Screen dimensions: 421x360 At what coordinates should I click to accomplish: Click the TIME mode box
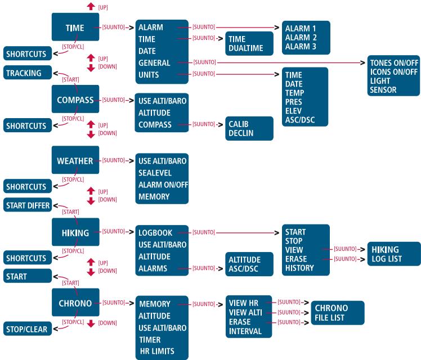[x=75, y=27]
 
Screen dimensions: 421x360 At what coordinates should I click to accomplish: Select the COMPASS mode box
[x=75, y=99]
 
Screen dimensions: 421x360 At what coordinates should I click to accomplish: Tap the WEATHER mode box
[x=75, y=160]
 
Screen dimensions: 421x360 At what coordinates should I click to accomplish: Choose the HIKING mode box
[x=75, y=232]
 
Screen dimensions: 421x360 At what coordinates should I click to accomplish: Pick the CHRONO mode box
[x=75, y=302]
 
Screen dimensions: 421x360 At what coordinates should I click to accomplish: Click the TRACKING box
[x=28, y=73]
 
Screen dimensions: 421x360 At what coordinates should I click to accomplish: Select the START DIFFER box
[x=28, y=205]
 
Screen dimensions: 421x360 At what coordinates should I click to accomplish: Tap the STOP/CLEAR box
[x=28, y=328]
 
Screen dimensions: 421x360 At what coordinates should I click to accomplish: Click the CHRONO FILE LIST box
[x=338, y=313]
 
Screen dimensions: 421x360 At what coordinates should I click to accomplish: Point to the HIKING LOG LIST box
[x=393, y=254]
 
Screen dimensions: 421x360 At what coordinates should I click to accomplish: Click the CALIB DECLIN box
[x=249, y=128]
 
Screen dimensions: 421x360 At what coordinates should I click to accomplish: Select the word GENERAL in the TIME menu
[x=154, y=63]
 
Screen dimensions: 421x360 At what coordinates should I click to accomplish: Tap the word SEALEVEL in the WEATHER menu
[x=155, y=173]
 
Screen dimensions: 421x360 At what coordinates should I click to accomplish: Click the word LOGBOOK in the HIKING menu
[x=155, y=232]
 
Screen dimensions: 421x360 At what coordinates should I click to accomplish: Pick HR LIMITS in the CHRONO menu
[x=157, y=351]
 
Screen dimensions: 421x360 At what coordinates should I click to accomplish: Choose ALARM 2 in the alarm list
[x=301, y=37]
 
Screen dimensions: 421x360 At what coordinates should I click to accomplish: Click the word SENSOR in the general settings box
[x=383, y=89]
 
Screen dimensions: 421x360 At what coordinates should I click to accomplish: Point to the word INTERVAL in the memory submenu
[x=245, y=331]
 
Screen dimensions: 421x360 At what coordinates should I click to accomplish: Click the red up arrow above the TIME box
[x=91, y=6]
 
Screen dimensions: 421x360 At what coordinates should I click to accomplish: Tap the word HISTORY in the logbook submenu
[x=299, y=268]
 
